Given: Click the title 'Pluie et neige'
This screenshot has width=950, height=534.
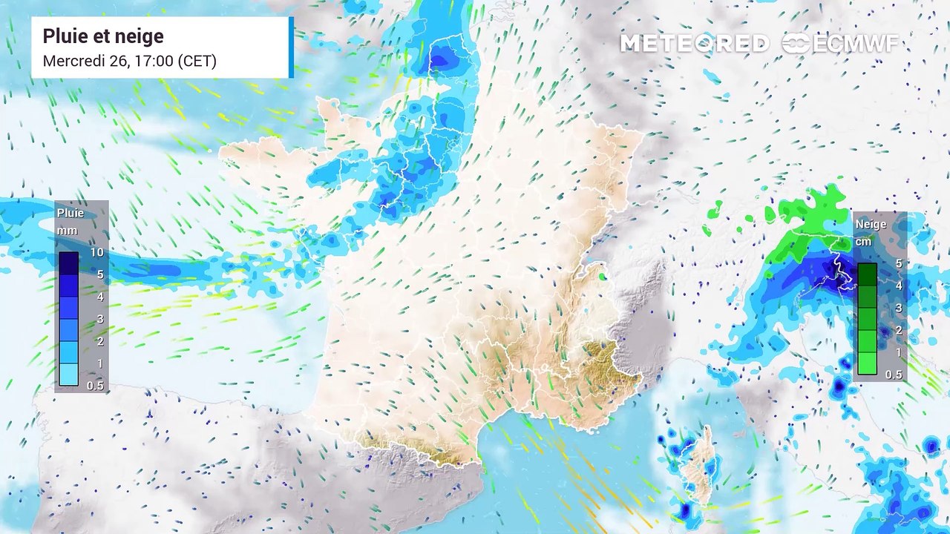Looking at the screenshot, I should coord(103,36).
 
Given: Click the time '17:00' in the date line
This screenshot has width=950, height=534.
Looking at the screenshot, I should coord(153,61).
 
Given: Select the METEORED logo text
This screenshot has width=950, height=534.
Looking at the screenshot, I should coord(694,44).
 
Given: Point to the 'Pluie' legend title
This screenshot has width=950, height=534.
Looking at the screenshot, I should coord(71,213).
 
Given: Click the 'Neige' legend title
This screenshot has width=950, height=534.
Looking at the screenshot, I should coord(871,223).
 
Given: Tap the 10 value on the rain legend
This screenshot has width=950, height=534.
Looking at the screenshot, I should coord(96,252).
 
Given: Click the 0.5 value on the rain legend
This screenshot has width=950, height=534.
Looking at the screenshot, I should coord(95,386).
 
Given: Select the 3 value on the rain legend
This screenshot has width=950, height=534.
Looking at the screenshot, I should coord(98,319).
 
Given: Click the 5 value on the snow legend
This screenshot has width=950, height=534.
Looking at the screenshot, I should coord(898,263).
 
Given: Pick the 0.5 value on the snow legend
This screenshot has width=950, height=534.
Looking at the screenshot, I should coord(894,375).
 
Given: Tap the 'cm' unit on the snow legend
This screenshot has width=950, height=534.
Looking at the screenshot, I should coord(863,241).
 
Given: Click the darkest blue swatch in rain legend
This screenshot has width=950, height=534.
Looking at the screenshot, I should coord(69,263).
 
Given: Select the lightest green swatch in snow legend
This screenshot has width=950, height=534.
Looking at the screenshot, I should coord(867,363).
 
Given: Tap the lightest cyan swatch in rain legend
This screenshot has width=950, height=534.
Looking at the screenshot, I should coord(69,375).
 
